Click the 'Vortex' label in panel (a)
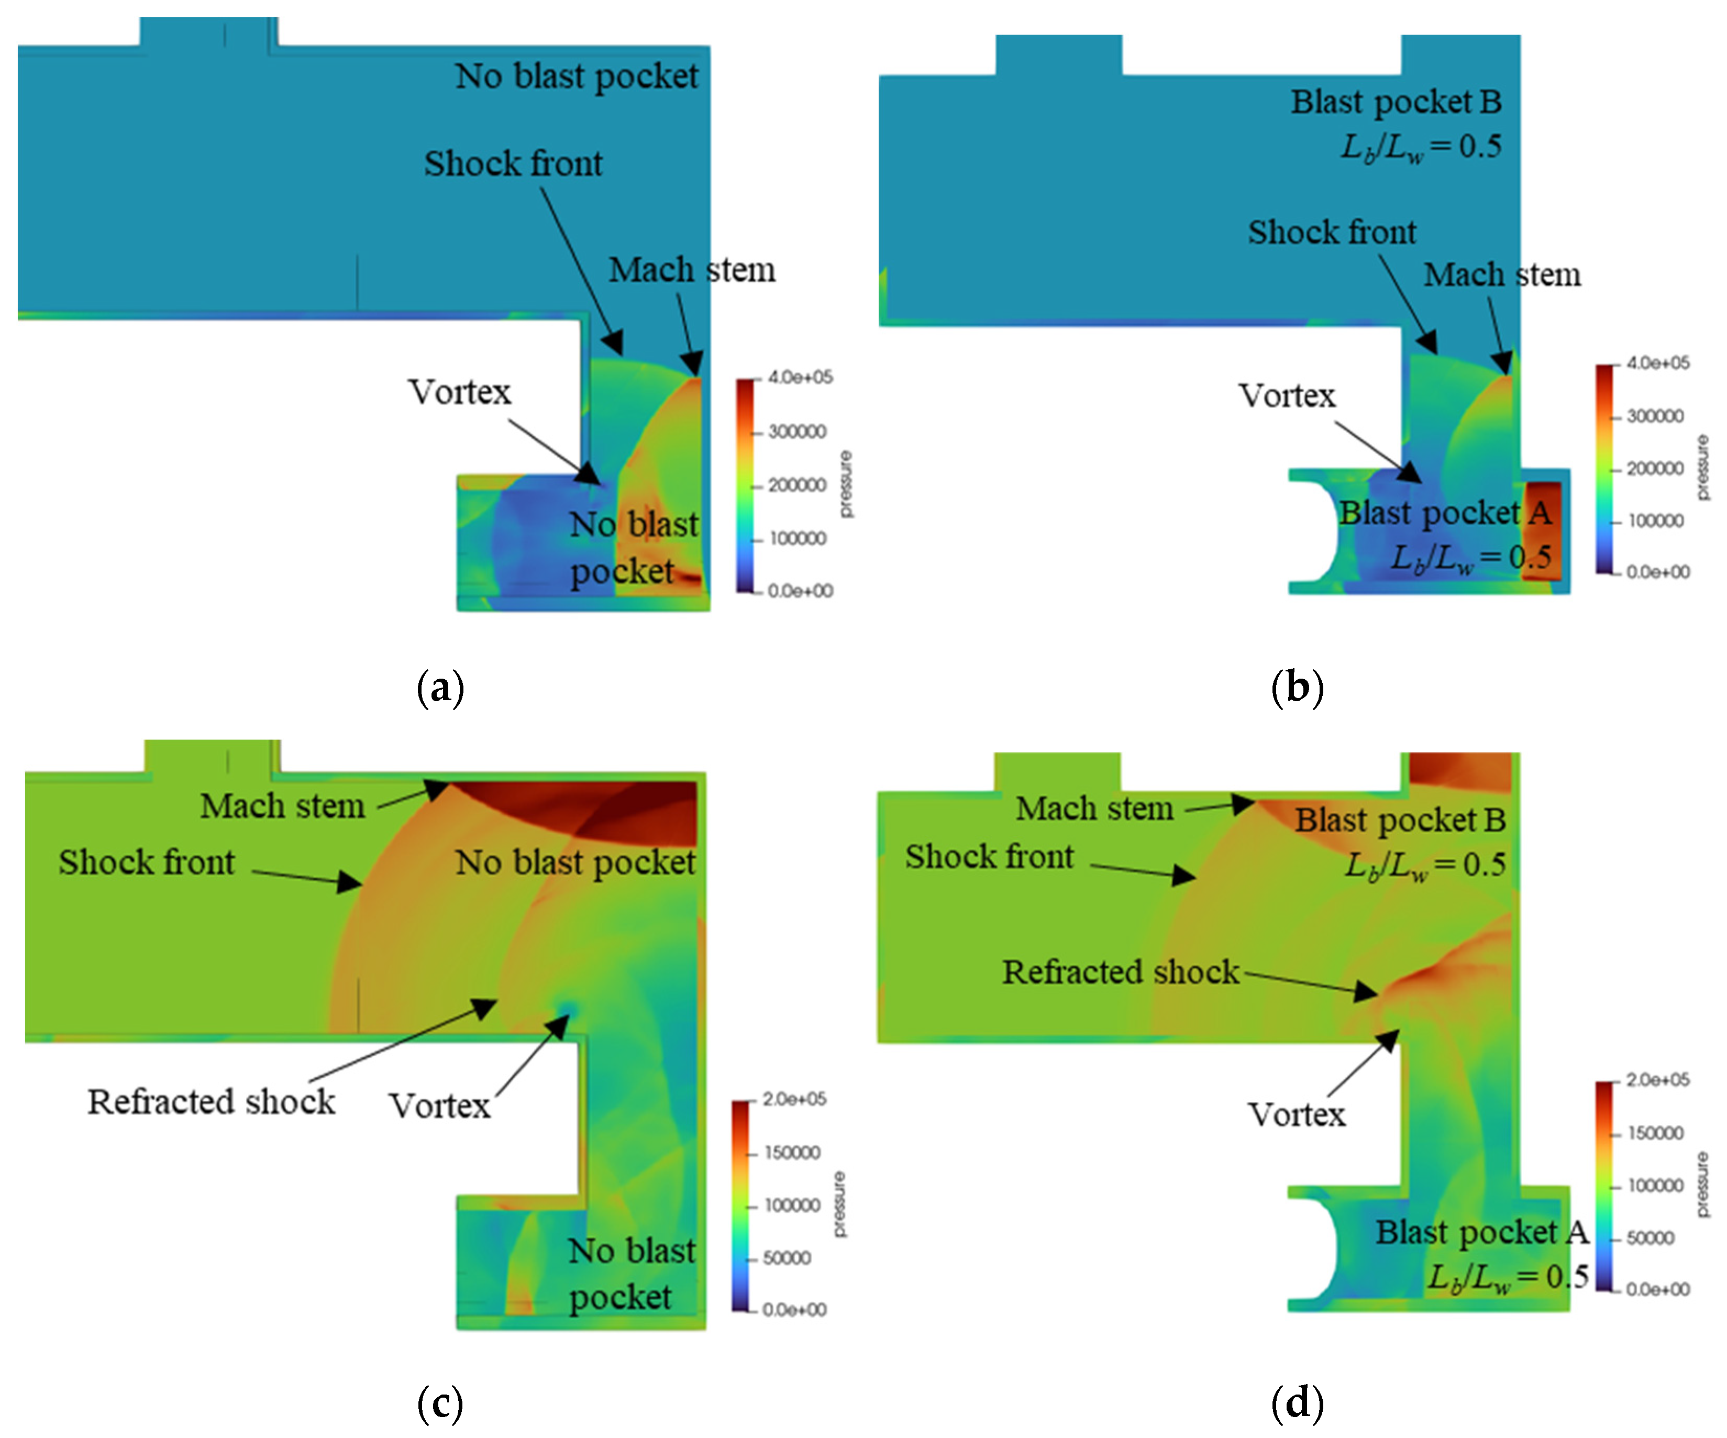tap(460, 392)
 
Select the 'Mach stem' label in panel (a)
tap(692, 270)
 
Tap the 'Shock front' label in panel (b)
tap(1332, 233)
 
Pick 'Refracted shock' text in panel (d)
tap(1120, 972)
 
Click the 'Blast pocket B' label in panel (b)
tap(1396, 102)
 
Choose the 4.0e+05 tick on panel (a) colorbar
tap(800, 378)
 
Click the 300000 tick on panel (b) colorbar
tap(1655, 416)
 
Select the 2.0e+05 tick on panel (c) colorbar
tap(794, 1099)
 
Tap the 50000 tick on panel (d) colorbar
tap(1649, 1238)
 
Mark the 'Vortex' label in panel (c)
tap(440, 1106)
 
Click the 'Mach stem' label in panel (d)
tap(1094, 809)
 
